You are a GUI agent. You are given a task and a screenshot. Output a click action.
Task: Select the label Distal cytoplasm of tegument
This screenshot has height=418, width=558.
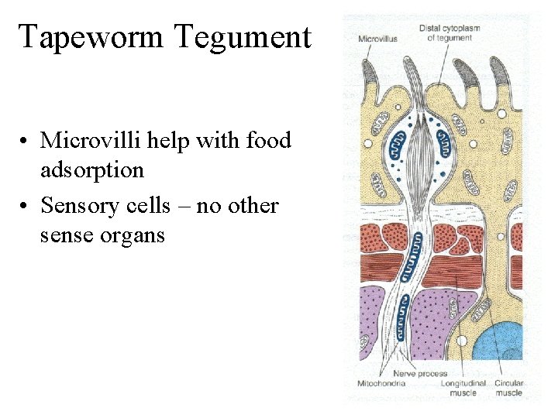coord(449,33)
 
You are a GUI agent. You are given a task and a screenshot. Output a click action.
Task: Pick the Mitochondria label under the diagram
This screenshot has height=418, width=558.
coord(382,383)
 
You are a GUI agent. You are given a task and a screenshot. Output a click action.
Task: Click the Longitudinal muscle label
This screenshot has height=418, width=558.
coord(463,387)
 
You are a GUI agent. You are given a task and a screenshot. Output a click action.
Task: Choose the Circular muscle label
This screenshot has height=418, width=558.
coord(508,387)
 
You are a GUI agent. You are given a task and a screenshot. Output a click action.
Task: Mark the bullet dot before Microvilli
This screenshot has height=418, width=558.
coord(26,142)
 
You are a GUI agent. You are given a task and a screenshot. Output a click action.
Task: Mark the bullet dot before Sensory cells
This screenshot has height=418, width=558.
coord(26,207)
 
